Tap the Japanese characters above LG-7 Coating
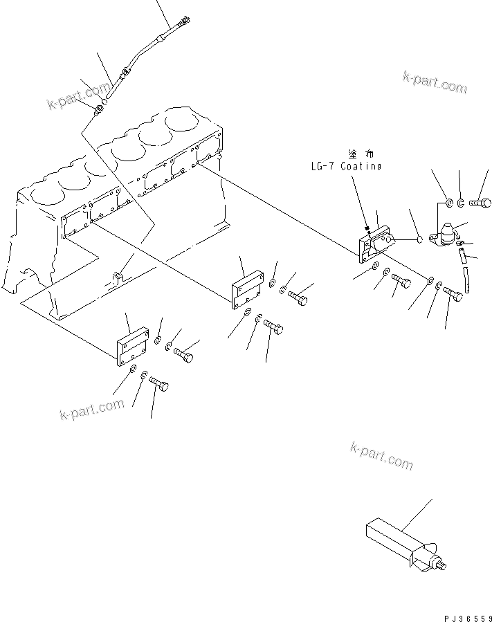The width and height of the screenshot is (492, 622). pyautogui.click(x=364, y=153)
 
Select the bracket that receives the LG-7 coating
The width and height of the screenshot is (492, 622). pyautogui.click(x=373, y=246)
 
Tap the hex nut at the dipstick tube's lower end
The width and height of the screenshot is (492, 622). pyautogui.click(x=100, y=108)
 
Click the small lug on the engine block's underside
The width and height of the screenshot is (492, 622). pyautogui.click(x=118, y=277)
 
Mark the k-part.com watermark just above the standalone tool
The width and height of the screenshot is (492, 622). pyautogui.click(x=381, y=457)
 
